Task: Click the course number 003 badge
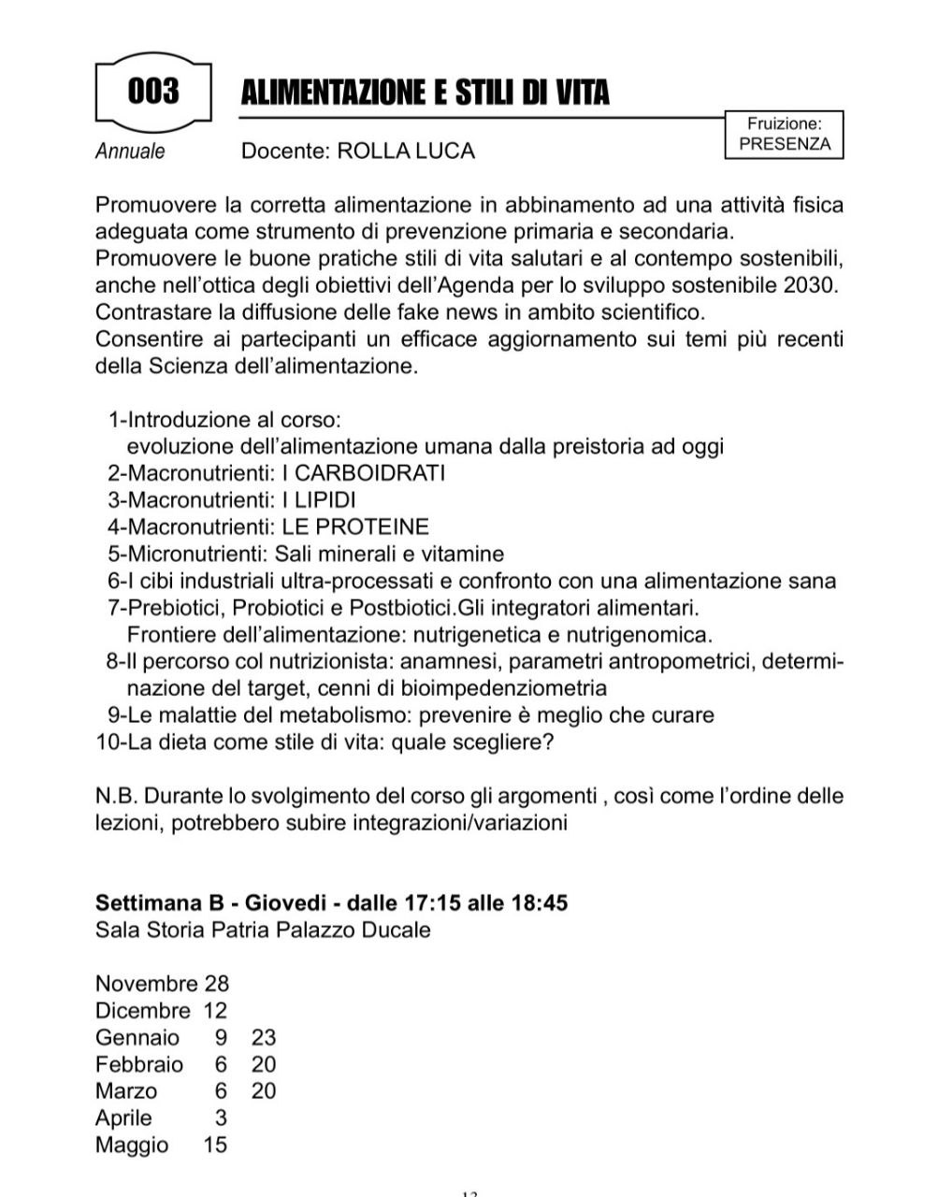pos(153,92)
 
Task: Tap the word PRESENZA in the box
pos(784,144)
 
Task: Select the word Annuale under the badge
pos(130,151)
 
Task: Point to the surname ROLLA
pos(373,151)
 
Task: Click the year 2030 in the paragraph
pos(813,284)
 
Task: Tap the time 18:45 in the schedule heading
pos(538,903)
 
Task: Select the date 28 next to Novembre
pos(216,984)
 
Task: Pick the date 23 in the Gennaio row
pos(264,1037)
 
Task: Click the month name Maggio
pos(132,1145)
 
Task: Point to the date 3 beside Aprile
pos(221,1118)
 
